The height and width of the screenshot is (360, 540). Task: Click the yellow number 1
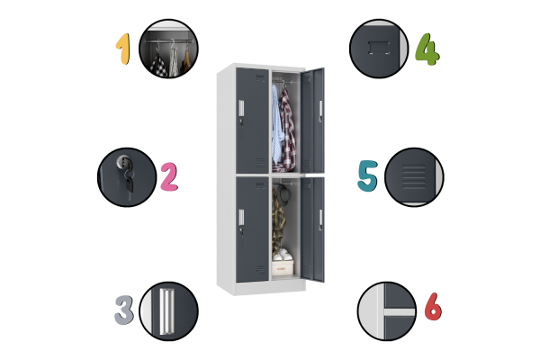pos(123,49)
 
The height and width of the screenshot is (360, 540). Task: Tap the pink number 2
pos(169,177)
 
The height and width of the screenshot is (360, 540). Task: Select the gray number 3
pos(124,310)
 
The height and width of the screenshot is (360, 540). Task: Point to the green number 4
pos(427,49)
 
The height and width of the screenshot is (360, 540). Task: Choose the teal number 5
pos(368,175)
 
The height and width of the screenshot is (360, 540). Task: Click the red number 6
pos(433,306)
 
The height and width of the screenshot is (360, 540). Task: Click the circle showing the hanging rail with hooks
pos(169,49)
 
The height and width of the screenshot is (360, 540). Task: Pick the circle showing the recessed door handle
pos(169,311)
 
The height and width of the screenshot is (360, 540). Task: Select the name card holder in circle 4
pos(379,48)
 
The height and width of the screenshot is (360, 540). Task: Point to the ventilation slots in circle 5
pos(414,177)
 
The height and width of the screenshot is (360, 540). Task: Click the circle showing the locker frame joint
pos(387,311)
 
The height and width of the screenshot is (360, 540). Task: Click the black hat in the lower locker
pos(284,194)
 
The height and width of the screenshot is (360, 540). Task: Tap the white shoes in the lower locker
pos(283,256)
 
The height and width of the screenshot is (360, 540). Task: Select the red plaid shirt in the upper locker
pos(287,130)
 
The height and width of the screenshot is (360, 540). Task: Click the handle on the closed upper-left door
pos(241,108)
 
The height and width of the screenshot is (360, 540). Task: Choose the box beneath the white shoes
pos(283,267)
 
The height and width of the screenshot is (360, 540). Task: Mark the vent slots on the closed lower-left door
pos(261,271)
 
